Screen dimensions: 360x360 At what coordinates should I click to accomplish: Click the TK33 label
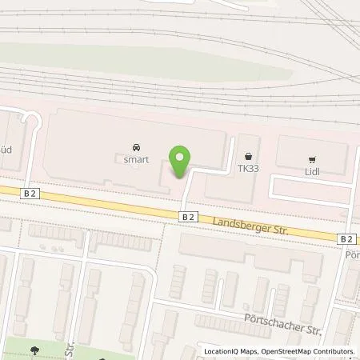(x=248, y=169)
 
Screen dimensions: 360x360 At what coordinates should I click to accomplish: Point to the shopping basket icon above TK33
(x=249, y=157)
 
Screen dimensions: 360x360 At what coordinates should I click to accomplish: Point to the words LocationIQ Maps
(x=228, y=351)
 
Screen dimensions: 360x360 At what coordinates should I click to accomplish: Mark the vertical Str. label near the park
(x=70, y=350)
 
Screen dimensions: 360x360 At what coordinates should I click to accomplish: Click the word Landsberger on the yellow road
(x=237, y=222)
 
